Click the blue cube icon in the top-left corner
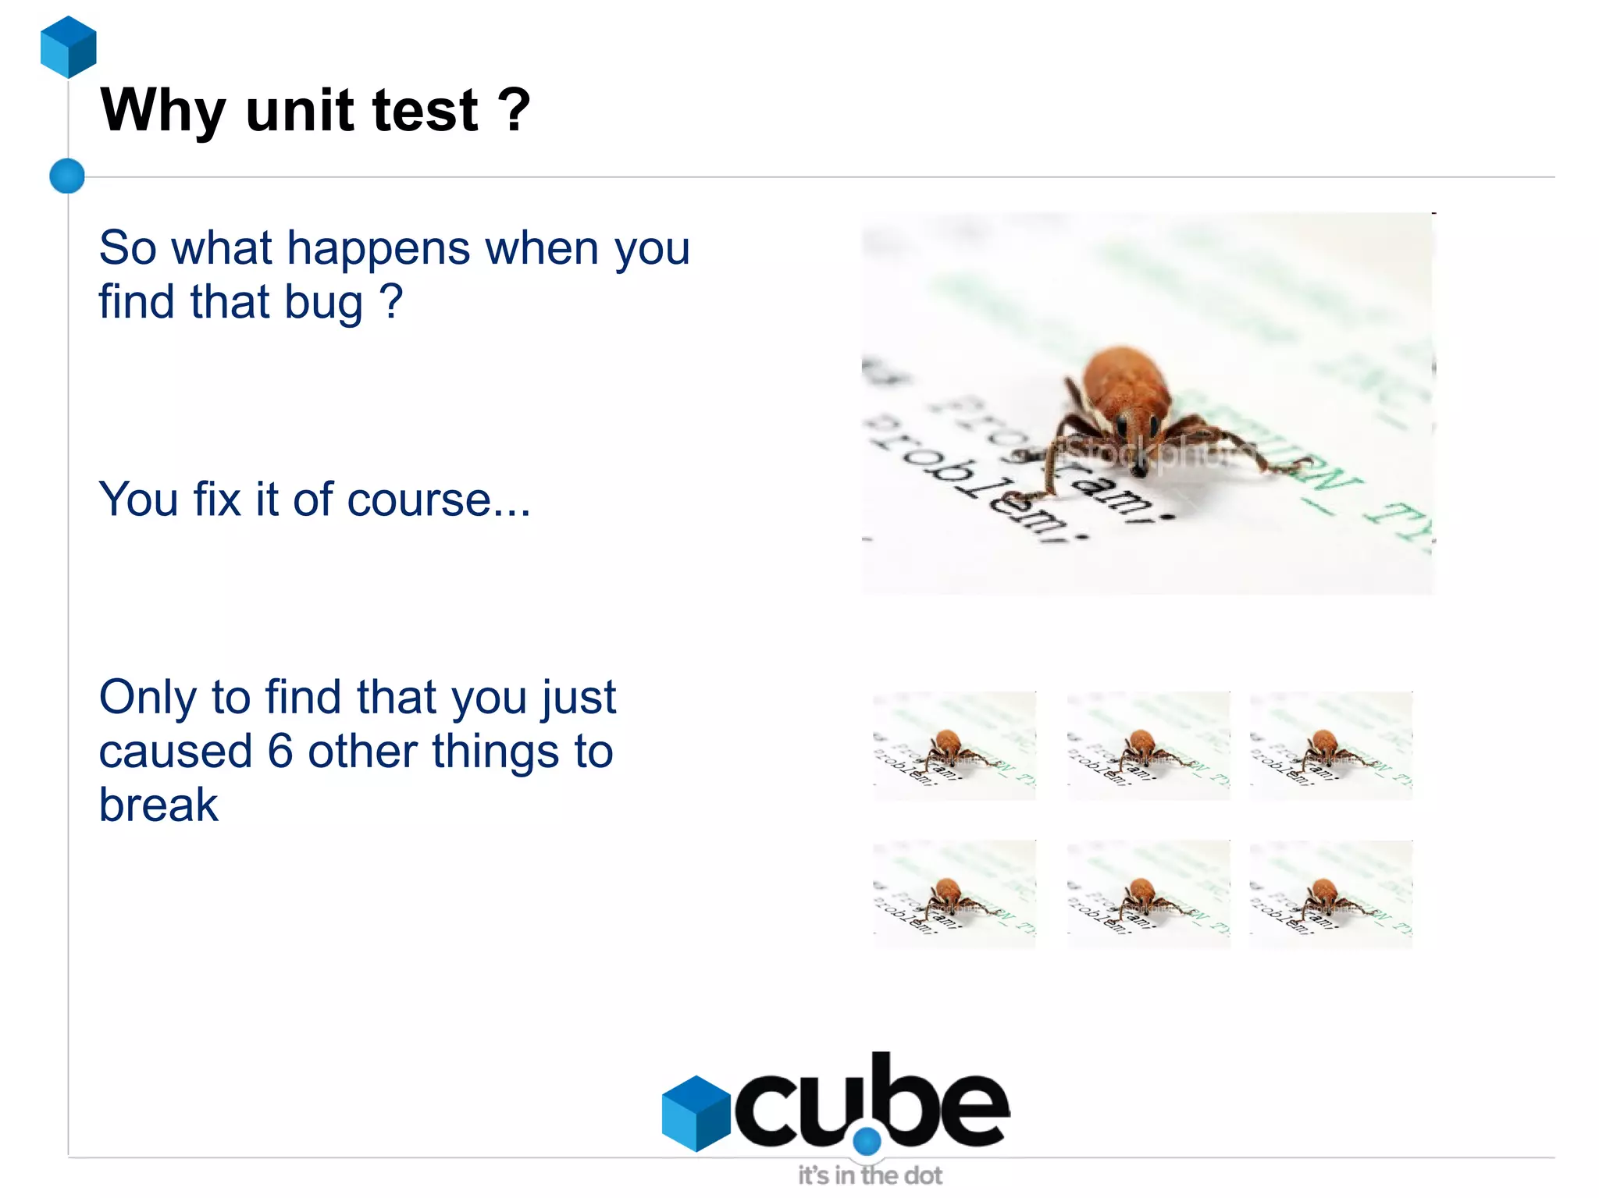(69, 47)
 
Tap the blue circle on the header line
(67, 176)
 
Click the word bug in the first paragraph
(323, 303)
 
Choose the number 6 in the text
(280, 751)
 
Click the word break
(158, 805)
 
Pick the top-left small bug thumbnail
(954, 745)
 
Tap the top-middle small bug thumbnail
(1149, 745)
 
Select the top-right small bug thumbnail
(1331, 745)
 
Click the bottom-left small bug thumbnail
(954, 894)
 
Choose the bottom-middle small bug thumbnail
(1149, 894)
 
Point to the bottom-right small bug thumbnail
(1331, 894)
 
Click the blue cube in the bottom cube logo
(696, 1113)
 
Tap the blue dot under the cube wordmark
(867, 1142)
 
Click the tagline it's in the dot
(870, 1175)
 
